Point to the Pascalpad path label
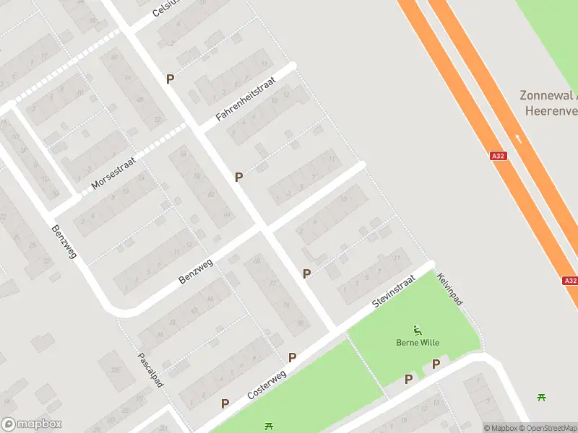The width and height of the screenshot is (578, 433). click(x=150, y=369)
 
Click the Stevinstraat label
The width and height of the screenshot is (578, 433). click(x=394, y=292)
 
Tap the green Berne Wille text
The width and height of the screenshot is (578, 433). click(x=418, y=343)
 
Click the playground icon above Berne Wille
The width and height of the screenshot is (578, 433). click(x=418, y=330)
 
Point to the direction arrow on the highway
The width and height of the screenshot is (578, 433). click(x=517, y=137)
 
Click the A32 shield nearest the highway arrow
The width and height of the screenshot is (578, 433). click(x=498, y=155)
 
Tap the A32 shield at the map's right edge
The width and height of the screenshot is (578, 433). click(x=569, y=281)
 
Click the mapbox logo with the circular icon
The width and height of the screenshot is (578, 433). click(x=31, y=424)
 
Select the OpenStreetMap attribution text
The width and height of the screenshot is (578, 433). click(x=548, y=428)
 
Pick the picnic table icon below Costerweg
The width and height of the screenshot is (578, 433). click(x=269, y=427)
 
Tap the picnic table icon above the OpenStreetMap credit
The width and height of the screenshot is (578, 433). click(x=541, y=396)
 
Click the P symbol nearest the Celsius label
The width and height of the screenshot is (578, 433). click(x=171, y=79)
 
